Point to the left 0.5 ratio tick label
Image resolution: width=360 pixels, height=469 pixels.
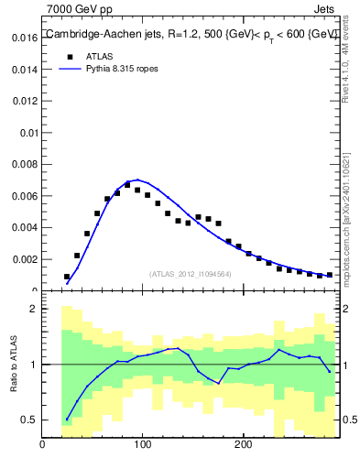[x=28, y=420]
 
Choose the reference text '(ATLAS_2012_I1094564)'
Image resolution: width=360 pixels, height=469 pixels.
[x=190, y=274]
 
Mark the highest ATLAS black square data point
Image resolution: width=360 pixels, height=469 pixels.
[x=127, y=184]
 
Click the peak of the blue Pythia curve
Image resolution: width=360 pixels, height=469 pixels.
[x=137, y=180]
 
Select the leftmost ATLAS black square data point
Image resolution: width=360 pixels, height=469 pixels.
[x=67, y=277]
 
